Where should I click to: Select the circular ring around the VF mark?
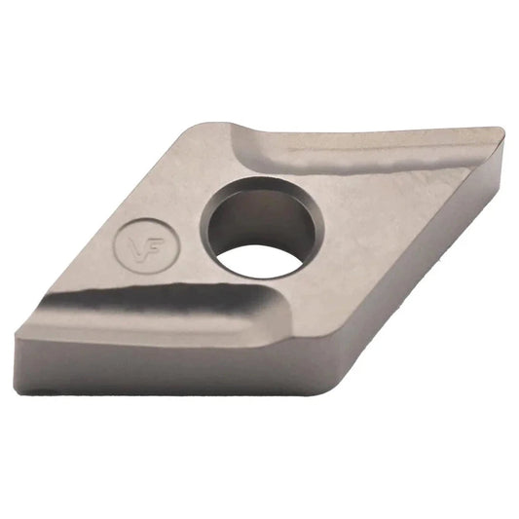116,245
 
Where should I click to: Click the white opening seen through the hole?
262,262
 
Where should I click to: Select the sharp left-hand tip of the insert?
17,334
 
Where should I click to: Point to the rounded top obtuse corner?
206,125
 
